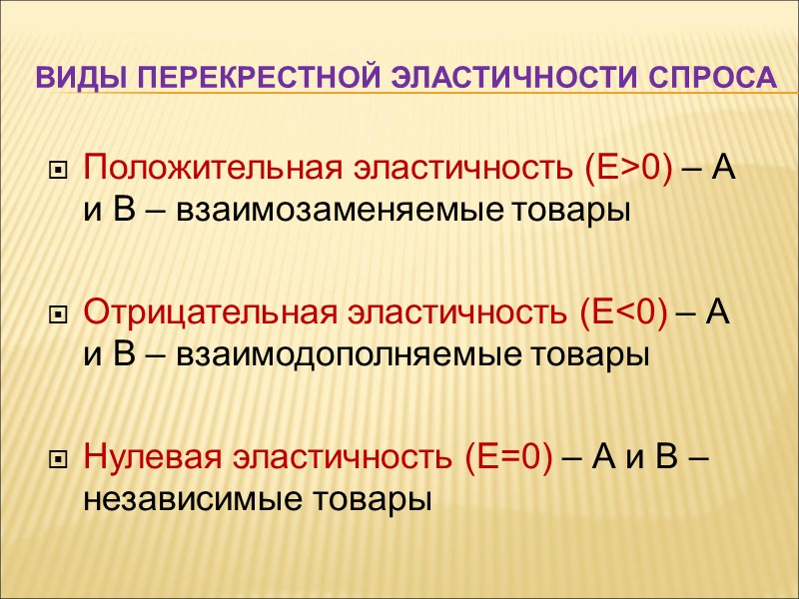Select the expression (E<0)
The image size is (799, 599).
[x=621, y=312]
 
